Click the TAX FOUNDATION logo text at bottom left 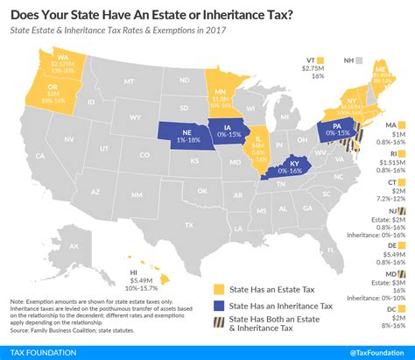pos(39,352)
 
